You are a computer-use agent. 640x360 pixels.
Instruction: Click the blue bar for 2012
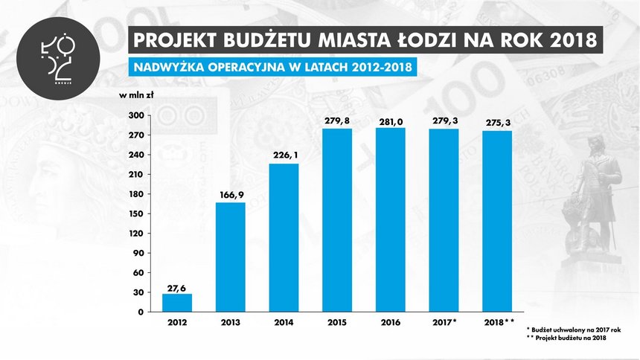[x=177, y=303]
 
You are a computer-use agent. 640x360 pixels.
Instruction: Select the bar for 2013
[x=231, y=257]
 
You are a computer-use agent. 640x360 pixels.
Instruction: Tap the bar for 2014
[x=284, y=237]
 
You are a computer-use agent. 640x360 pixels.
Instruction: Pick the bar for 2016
[x=391, y=219]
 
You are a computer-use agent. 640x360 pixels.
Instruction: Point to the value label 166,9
[x=231, y=195]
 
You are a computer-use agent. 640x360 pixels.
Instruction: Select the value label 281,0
[x=391, y=120]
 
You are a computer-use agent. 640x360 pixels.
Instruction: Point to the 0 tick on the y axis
[x=140, y=312]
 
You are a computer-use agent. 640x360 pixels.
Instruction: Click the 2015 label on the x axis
[x=337, y=323]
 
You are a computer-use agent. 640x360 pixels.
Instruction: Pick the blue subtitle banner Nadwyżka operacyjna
[x=272, y=67]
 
